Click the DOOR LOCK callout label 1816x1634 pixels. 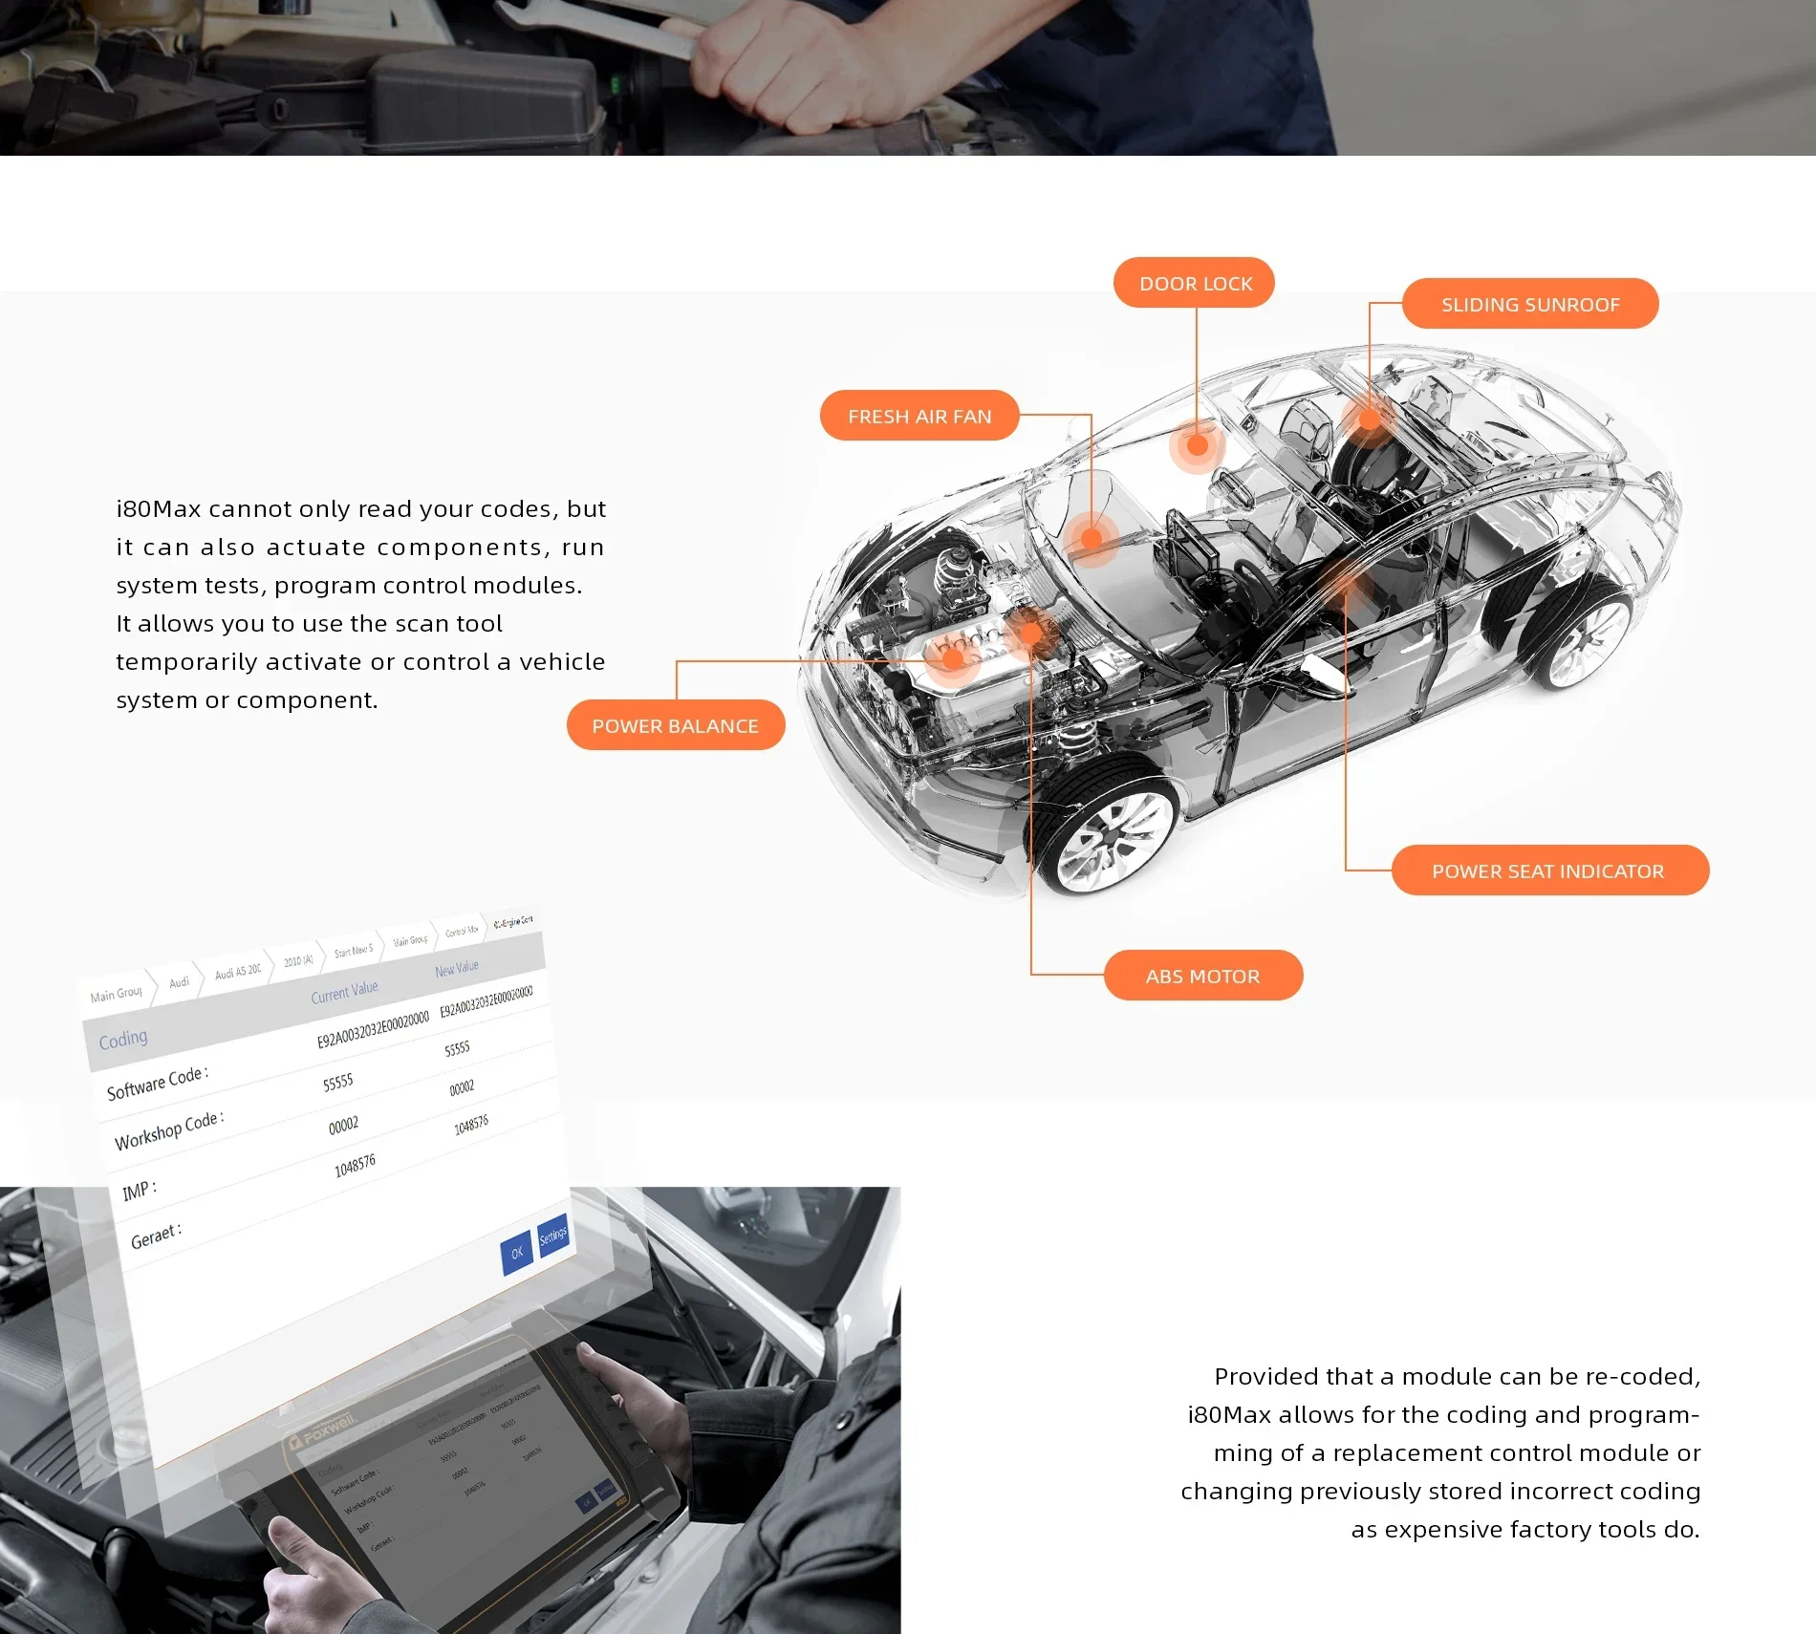click(1195, 283)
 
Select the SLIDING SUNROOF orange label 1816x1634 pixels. click(1530, 304)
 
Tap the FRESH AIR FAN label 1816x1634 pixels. click(919, 416)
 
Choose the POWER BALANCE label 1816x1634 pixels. click(675, 725)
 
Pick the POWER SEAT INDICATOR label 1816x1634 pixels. click(1548, 871)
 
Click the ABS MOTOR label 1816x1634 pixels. click(1202, 976)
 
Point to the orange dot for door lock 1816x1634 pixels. click(1197, 444)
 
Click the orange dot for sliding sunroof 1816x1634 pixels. click(1370, 419)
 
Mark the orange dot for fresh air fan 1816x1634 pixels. click(1092, 538)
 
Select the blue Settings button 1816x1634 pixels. click(553, 1236)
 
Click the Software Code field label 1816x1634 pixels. click(157, 1082)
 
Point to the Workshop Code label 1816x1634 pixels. click(169, 1130)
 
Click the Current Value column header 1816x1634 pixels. click(344, 991)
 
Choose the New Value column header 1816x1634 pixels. click(457, 968)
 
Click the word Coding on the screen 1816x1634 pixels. click(123, 1039)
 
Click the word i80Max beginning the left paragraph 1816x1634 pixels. click(158, 508)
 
